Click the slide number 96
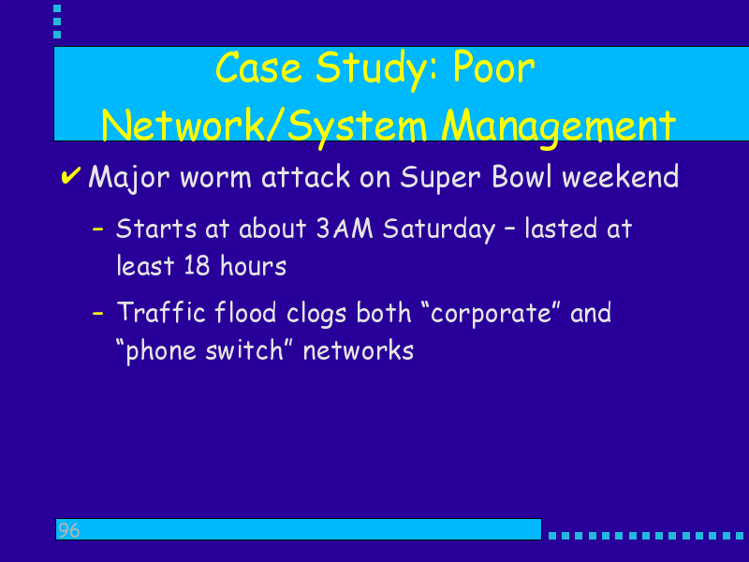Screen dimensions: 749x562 [x=68, y=530]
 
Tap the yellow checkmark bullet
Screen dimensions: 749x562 [x=70, y=175]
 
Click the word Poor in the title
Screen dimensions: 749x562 [x=493, y=68]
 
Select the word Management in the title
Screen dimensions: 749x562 [x=558, y=126]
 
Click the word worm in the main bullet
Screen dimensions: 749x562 [x=215, y=178]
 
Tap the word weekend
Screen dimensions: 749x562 [x=620, y=176]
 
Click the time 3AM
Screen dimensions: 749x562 [x=345, y=229]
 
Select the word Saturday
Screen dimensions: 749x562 [x=439, y=230]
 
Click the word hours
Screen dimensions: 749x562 [x=253, y=265]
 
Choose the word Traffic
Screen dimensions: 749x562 [x=161, y=312]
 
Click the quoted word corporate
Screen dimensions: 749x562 [x=491, y=314]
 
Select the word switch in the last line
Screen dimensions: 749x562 [x=244, y=350]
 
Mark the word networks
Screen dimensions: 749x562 [x=359, y=350]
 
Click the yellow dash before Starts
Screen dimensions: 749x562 [x=98, y=229]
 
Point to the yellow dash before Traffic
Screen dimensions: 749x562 [x=98, y=314]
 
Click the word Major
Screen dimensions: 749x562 [x=129, y=178]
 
